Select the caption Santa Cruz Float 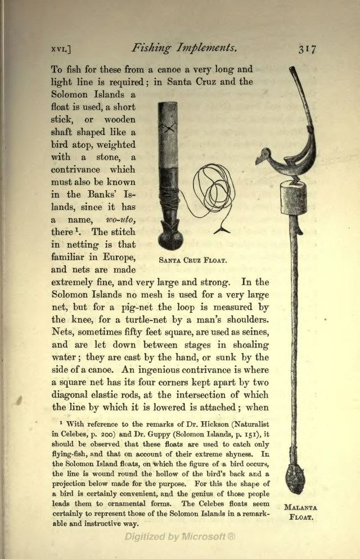(192, 261)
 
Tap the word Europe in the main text (116, 258)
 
